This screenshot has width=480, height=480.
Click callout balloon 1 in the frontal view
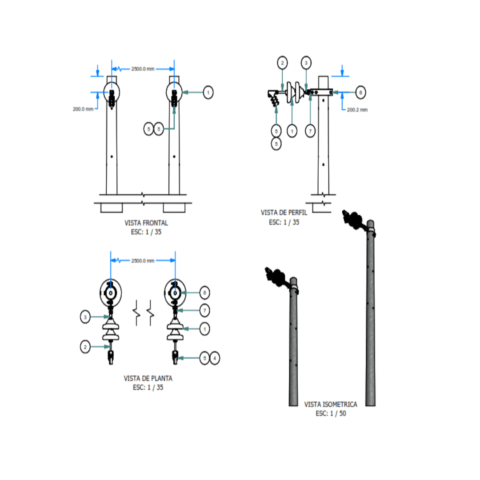point(208,92)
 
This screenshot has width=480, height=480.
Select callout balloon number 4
point(215,358)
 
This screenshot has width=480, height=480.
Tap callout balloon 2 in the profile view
point(282,63)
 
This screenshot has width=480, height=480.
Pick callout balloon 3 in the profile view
point(306,63)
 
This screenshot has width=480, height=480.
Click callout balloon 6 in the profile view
point(360,92)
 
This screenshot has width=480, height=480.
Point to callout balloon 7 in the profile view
point(310,131)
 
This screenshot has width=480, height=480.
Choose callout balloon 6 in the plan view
point(204,293)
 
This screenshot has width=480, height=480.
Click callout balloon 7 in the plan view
point(204,311)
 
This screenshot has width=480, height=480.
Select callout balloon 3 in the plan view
point(85,317)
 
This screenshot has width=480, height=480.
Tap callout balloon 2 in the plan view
point(85,347)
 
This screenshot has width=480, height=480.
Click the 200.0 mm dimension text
point(83,109)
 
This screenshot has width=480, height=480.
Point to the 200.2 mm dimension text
point(357,110)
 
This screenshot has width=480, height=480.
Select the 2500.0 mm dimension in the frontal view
point(143,69)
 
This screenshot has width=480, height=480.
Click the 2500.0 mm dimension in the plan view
point(143,261)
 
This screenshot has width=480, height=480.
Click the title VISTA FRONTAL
point(146,223)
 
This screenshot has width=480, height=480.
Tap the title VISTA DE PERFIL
point(284,213)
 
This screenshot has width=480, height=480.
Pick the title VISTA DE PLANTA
point(148,378)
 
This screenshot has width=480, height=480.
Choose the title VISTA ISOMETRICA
point(331,404)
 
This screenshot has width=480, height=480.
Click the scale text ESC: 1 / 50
point(331,414)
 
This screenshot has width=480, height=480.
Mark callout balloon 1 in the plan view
point(204,329)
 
